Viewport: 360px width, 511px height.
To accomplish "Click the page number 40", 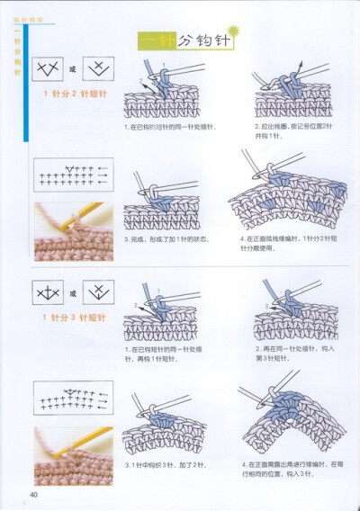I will [x=33, y=493].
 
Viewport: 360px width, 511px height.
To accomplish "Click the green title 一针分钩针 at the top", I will [x=186, y=40].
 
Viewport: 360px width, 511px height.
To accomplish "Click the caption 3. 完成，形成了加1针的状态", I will [x=166, y=238].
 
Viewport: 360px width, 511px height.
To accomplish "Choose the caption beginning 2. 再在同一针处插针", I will [x=288, y=353].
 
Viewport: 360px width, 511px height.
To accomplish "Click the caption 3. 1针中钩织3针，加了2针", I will [x=166, y=464].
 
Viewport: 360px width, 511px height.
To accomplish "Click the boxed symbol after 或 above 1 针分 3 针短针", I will [x=97, y=291].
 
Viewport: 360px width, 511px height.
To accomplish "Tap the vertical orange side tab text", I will [x=17, y=58].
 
